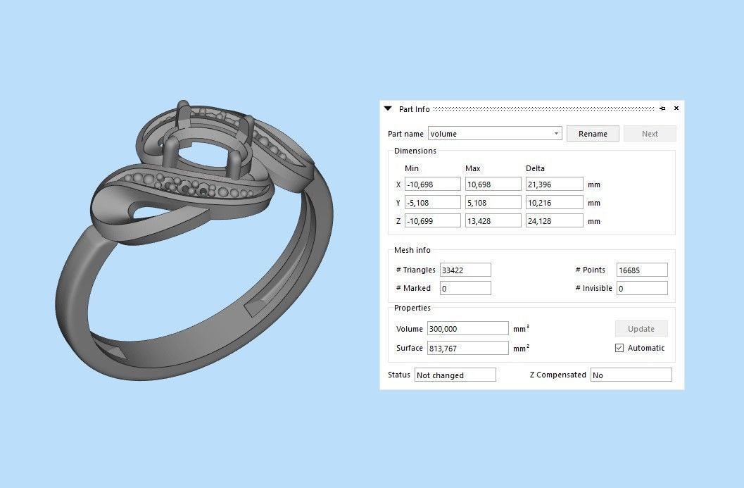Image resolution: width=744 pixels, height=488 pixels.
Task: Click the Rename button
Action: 593,134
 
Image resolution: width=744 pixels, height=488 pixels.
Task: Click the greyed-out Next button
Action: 650,134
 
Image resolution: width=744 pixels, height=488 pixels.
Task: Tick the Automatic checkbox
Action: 619,348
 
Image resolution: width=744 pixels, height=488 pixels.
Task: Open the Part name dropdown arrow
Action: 556,134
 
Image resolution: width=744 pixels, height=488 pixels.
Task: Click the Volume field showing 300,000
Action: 467,329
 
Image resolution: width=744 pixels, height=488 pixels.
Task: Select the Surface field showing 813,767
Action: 467,348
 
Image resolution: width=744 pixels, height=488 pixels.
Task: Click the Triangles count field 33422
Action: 465,270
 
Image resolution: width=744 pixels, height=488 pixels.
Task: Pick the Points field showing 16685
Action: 642,270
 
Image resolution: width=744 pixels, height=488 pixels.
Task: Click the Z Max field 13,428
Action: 493,221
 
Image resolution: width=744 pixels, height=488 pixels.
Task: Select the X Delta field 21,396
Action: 554,184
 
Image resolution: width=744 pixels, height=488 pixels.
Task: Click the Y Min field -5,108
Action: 432,203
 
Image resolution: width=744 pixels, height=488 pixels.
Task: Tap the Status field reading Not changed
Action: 455,375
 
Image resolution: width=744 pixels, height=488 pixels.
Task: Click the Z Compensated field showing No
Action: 631,375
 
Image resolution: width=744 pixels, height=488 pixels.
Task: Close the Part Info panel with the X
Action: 676,108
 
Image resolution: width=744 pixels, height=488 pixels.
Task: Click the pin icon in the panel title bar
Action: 662,108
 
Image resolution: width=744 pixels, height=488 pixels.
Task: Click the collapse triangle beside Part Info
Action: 388,109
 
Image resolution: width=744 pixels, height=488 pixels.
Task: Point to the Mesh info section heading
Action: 412,250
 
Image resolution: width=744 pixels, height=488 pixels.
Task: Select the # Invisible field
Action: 642,289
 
